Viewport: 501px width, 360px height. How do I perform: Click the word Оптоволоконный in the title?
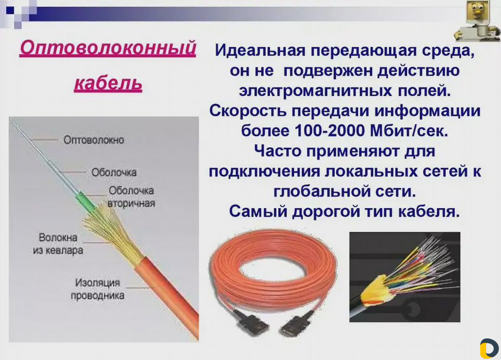click(108, 49)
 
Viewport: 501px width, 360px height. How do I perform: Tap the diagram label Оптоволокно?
click(94, 140)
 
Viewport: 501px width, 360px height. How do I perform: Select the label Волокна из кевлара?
click(58, 244)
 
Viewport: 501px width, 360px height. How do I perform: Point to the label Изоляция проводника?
click(97, 289)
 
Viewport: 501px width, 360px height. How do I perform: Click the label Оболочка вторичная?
click(131, 197)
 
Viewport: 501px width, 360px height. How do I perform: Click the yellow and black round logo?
click(489, 348)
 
